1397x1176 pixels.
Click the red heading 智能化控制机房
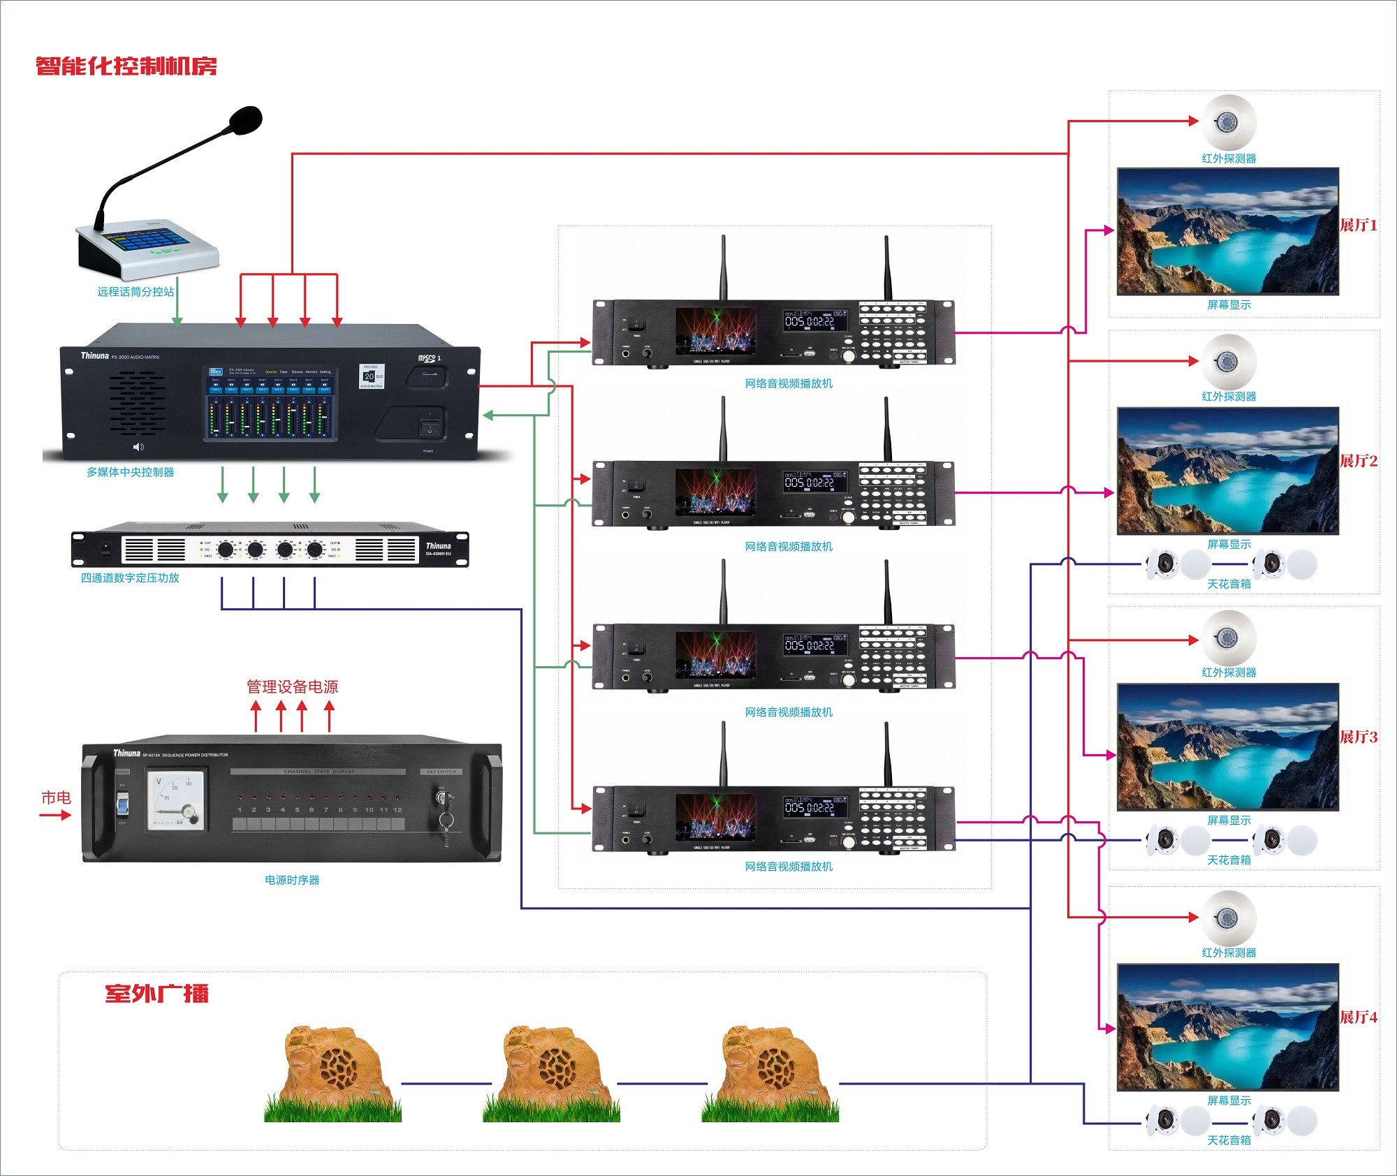(x=126, y=66)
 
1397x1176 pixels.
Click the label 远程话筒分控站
(x=136, y=292)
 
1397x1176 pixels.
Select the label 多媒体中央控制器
(x=131, y=472)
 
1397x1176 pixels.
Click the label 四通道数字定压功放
(x=130, y=578)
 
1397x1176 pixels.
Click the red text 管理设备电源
(x=292, y=686)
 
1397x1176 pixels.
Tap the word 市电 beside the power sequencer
(x=56, y=798)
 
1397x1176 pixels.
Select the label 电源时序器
(x=292, y=880)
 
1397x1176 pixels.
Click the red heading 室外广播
(x=156, y=994)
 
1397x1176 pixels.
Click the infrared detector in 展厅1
(x=1228, y=122)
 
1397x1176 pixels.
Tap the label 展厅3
(x=1358, y=737)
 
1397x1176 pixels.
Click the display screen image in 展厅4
(x=1228, y=1027)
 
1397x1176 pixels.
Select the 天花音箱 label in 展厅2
(x=1229, y=584)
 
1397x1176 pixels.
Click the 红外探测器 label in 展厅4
(x=1229, y=953)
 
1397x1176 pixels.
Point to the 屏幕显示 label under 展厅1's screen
(x=1229, y=304)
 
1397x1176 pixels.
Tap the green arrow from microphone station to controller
(x=177, y=311)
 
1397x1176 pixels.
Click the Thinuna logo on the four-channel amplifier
(x=438, y=546)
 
